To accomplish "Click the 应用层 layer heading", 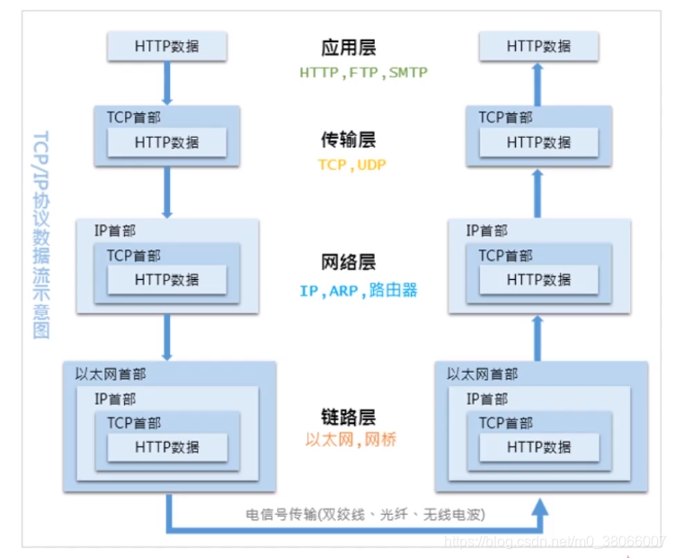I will point(346,47).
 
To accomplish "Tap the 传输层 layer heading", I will point(347,140).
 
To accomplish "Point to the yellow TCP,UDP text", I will point(347,165).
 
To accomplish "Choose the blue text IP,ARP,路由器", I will point(359,291).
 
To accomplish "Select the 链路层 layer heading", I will point(347,417).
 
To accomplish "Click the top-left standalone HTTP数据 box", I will point(167,45).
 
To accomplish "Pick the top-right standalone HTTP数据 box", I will point(538,45).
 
